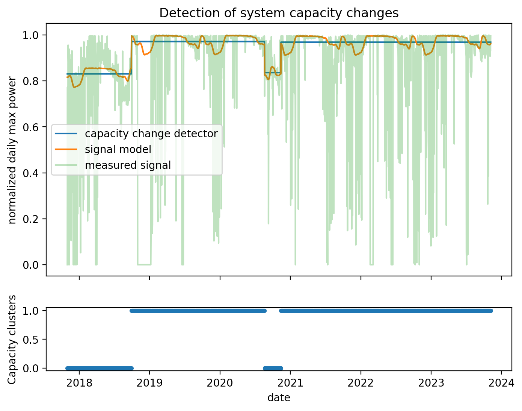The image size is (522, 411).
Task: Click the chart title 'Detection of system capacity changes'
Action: click(279, 13)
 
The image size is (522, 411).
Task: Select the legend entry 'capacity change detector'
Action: click(151, 133)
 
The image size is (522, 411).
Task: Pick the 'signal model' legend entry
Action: click(118, 149)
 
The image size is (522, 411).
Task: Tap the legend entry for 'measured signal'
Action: click(128, 165)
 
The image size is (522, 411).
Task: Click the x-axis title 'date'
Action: click(279, 397)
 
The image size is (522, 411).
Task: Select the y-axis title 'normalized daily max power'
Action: click(12, 150)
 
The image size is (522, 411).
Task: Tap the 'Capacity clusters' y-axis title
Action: click(12, 339)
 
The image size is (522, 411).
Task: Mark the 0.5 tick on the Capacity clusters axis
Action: click(33, 339)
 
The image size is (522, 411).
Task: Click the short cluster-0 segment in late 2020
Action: click(273, 368)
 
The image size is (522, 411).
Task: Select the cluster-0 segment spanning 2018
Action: click(100, 368)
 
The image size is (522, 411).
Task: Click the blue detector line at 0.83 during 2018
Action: click(100, 74)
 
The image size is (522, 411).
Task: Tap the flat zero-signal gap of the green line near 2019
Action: click(144, 264)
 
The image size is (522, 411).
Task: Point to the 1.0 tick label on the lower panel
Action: click(33, 311)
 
